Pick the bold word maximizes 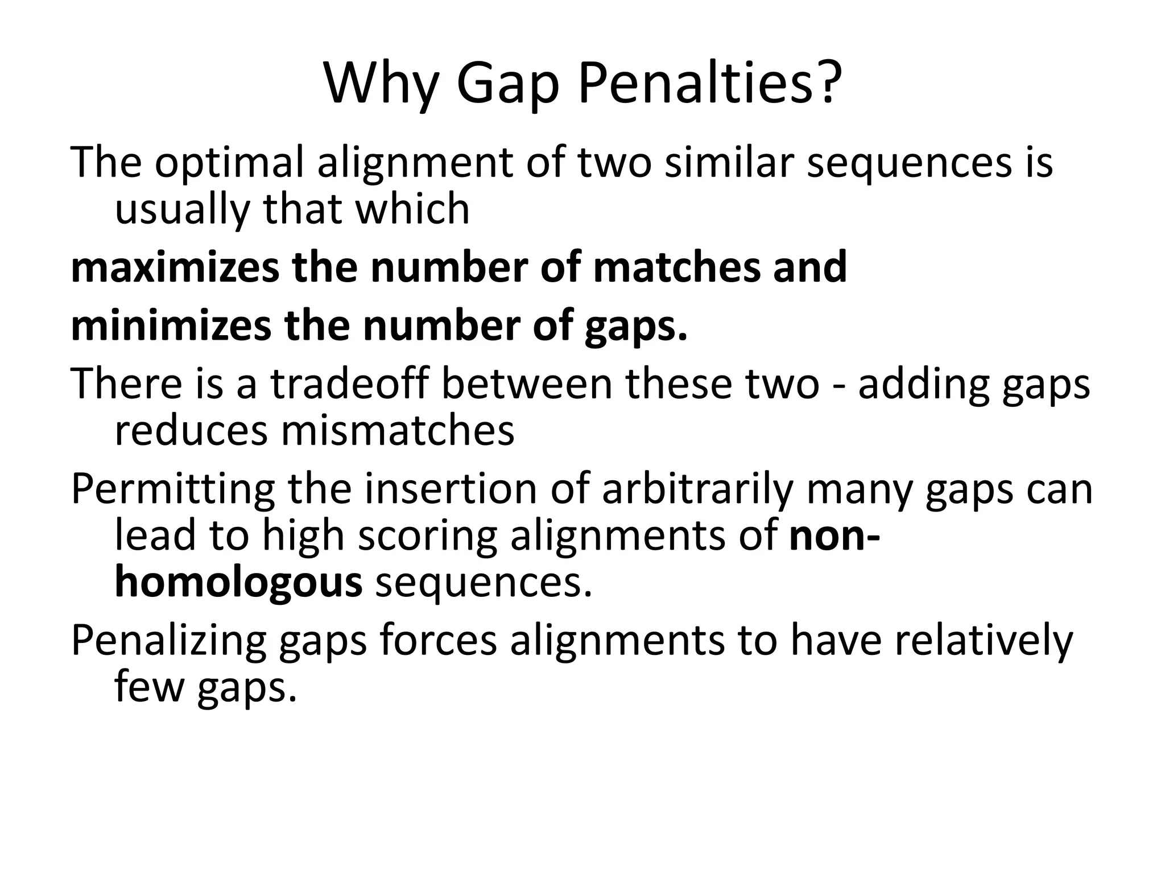[175, 267]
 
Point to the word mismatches [397, 430]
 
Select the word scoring [427, 537]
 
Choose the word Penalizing [168, 641]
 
